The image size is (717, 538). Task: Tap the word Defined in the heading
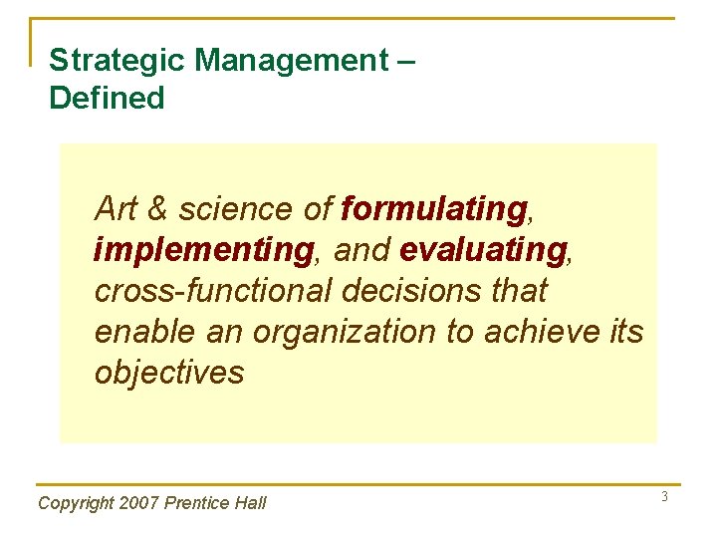(x=107, y=98)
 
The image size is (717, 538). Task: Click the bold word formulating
(x=433, y=209)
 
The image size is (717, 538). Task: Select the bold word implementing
(x=203, y=250)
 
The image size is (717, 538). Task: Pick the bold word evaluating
(x=482, y=250)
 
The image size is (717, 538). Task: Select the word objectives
(x=169, y=373)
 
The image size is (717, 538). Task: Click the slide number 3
(x=664, y=496)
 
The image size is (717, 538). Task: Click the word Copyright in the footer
(x=75, y=503)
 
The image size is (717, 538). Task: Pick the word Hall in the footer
(x=251, y=503)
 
